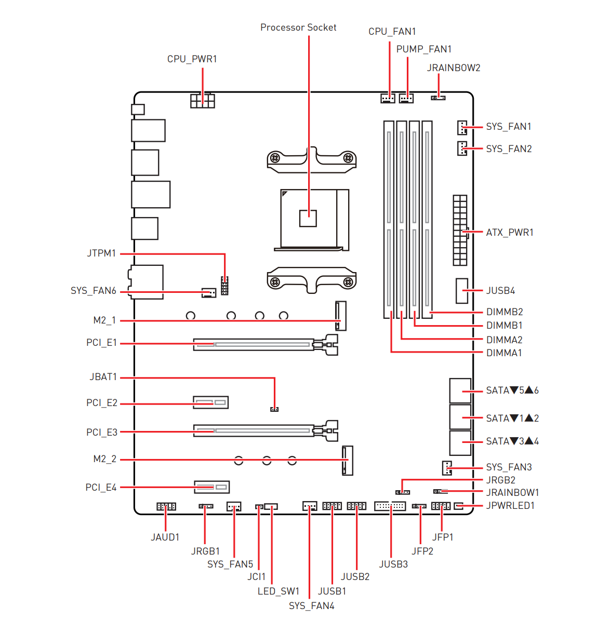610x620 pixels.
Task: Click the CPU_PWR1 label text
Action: (192, 59)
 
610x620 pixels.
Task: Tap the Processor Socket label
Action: (298, 28)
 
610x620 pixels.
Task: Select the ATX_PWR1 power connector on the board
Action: (460, 231)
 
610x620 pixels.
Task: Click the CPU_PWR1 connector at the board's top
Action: (203, 100)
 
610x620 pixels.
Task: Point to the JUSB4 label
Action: (500, 291)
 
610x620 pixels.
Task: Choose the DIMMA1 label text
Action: (504, 353)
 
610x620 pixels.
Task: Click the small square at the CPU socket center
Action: (308, 218)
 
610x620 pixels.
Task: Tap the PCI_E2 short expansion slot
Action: (211, 402)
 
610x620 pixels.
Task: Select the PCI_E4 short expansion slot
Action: (212, 487)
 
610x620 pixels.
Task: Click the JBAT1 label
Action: (103, 377)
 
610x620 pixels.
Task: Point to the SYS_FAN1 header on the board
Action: (462, 127)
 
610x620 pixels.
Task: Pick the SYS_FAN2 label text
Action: (509, 149)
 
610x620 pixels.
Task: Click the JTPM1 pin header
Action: (224, 286)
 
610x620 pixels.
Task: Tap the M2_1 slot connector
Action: (341, 316)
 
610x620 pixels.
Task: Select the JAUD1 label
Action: (165, 537)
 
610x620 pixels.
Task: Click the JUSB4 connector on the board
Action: (462, 291)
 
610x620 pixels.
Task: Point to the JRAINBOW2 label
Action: (454, 68)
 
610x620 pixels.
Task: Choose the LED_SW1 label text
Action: (279, 591)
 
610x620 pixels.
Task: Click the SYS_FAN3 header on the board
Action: (447, 468)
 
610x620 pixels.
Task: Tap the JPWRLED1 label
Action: (510, 506)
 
